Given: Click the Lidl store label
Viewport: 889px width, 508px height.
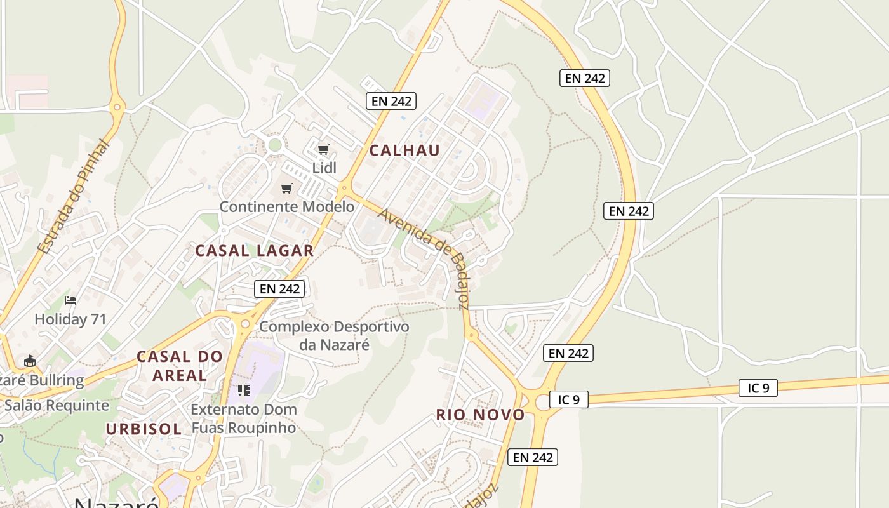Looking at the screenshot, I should coord(324,168).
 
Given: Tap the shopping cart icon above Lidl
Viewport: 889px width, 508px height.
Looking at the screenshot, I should coord(324,150).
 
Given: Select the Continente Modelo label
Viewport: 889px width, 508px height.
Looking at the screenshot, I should coord(287,206).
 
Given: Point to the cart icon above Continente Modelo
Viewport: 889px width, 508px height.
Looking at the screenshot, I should coord(287,188).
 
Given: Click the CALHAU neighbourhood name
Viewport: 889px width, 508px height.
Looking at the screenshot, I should coord(404,150).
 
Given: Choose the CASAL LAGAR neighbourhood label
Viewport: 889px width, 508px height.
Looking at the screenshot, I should coord(254,250).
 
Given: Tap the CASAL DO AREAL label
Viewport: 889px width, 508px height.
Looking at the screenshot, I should coord(180,366).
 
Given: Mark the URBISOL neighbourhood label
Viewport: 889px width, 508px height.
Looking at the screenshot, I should coord(144,429).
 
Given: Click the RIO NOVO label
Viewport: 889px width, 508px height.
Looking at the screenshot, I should coord(480,415).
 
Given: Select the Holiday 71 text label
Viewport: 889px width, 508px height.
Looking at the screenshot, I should coord(70,319).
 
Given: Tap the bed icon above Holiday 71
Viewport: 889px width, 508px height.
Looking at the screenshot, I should coord(70,300).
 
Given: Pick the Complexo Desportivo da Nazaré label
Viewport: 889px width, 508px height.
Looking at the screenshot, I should coord(334,336).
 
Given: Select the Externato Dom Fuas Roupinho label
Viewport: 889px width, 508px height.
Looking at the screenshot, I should coord(244,418).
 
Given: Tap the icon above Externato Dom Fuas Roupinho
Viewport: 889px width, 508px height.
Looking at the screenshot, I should coord(244,390).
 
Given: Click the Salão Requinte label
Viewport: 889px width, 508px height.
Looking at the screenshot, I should coord(57,405).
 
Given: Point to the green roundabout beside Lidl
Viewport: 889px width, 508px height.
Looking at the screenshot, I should coord(275,145).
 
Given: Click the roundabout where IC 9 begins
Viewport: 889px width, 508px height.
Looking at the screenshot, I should coord(542,401).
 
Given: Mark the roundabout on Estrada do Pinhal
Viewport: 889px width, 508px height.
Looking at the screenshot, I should coord(116,107).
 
